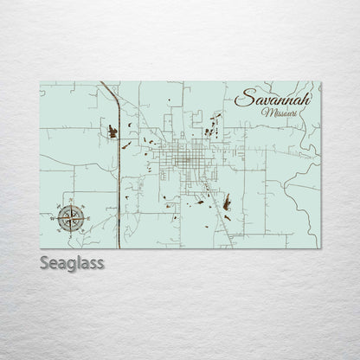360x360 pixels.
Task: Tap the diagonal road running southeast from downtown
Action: (x=223, y=208)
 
